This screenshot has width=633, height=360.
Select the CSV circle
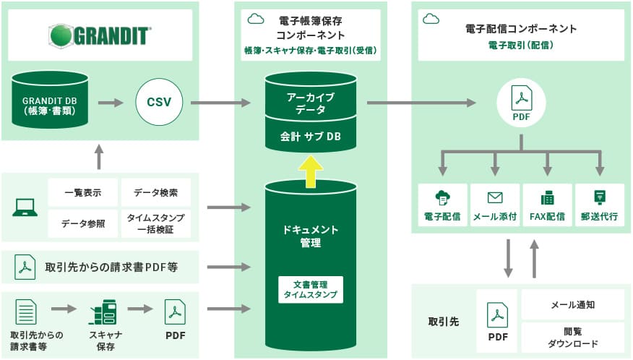(x=159, y=102)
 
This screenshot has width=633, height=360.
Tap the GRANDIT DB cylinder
(x=50, y=100)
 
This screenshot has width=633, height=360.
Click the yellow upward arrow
(x=311, y=171)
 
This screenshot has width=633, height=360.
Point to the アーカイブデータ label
(x=311, y=103)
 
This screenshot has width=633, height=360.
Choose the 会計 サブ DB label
(x=311, y=137)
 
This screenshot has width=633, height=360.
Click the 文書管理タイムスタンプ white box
(x=311, y=289)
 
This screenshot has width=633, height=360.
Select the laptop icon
(x=25, y=207)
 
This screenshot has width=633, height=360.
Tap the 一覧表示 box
(x=83, y=192)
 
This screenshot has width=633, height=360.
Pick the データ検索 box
(x=156, y=192)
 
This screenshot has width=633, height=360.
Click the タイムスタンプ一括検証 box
(x=156, y=223)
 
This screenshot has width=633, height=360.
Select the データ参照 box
(x=83, y=223)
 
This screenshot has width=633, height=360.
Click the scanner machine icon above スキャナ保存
(x=103, y=312)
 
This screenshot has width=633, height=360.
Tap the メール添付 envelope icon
(x=495, y=197)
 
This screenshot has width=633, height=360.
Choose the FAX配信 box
(x=548, y=205)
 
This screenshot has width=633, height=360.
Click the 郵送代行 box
(x=600, y=205)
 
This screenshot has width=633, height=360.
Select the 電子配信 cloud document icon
(x=442, y=198)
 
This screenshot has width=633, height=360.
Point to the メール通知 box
(x=573, y=304)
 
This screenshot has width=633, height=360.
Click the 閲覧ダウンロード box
(x=573, y=338)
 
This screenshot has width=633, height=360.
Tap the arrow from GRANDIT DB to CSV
(x=111, y=103)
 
